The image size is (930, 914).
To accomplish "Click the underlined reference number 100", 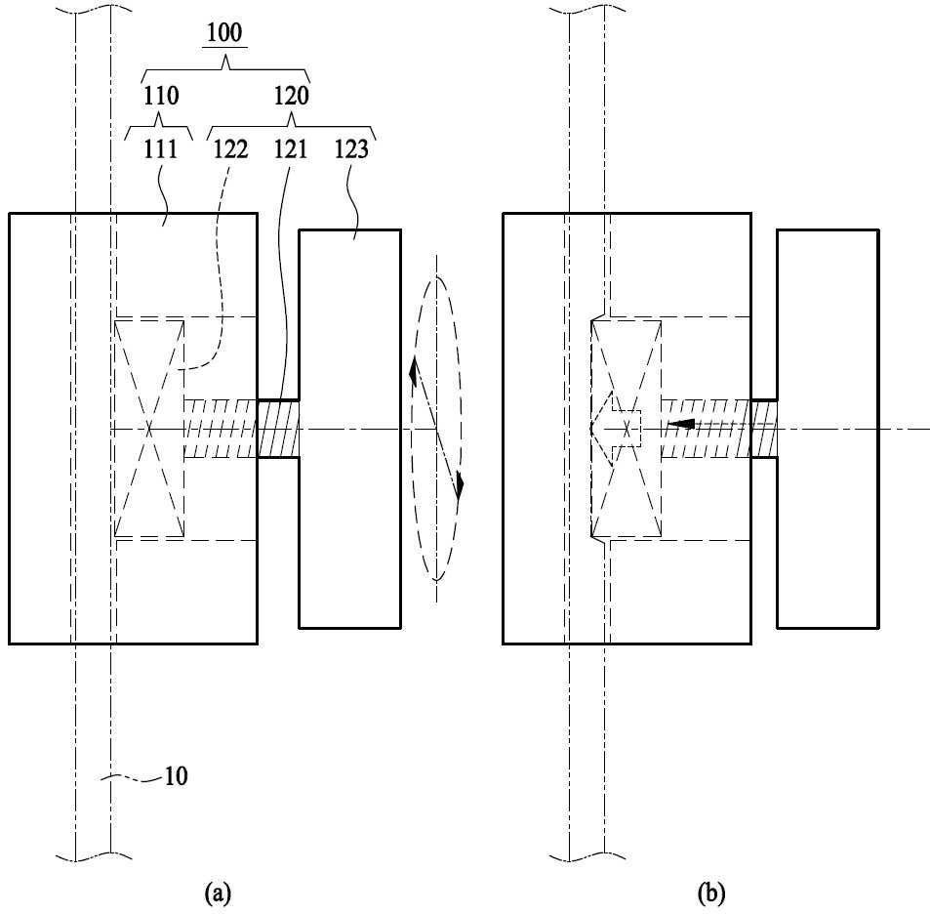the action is (x=224, y=32).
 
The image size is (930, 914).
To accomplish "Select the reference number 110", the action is (x=161, y=96).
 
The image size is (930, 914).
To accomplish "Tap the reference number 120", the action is (x=291, y=96).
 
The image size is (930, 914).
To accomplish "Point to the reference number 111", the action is (x=161, y=149).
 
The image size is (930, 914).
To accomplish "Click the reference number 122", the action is (x=230, y=149).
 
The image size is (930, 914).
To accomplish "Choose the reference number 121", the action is (x=291, y=149).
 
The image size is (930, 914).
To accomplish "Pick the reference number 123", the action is (x=351, y=149).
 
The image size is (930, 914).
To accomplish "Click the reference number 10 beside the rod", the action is (x=176, y=775).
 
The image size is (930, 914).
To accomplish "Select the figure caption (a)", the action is (x=217, y=893).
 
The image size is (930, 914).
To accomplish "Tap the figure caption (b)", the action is (x=711, y=893).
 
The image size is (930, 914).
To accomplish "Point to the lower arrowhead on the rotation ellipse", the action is (x=460, y=486).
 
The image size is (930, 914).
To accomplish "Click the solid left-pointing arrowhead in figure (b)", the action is (x=681, y=424).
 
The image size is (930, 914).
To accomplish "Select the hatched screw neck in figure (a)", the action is (x=278, y=429).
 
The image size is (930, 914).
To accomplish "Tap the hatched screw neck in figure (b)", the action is (x=764, y=429).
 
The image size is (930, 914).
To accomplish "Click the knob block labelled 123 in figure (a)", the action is (x=350, y=429).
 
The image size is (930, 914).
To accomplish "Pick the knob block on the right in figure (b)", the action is (x=828, y=429).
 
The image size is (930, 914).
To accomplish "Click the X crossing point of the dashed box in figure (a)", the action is (x=149, y=429).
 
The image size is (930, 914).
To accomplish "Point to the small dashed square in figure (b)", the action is (x=627, y=429).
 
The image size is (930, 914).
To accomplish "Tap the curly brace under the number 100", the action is (x=225, y=68).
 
